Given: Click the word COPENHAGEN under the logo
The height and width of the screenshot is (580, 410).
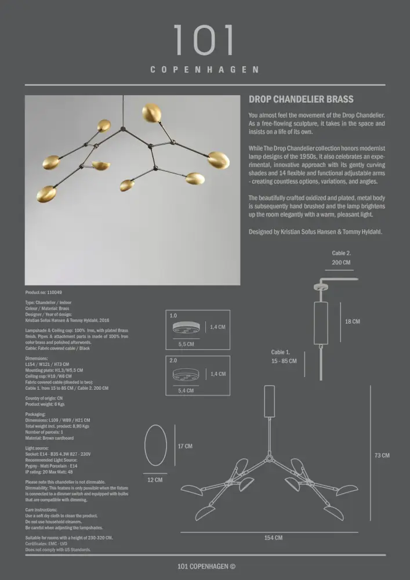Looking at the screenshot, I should click(205, 70).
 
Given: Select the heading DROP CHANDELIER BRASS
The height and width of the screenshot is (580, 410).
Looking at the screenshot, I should click(301, 99).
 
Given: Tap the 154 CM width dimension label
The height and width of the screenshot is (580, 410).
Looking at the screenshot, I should click(273, 538).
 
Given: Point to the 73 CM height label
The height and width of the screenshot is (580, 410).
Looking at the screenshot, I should click(382, 455).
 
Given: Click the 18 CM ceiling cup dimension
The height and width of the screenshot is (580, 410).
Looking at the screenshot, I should click(352, 321).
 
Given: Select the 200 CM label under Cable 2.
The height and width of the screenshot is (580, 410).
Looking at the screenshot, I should click(341, 262).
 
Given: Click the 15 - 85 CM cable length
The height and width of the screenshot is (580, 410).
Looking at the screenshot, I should click(284, 361).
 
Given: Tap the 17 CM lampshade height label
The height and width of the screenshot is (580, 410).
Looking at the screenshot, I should click(184, 446).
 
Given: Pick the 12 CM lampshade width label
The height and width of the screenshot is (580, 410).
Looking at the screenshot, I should click(155, 480).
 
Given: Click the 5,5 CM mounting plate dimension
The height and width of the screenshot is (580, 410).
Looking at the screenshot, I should click(186, 344).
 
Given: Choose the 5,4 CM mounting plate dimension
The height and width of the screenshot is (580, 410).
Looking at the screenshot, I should click(186, 391).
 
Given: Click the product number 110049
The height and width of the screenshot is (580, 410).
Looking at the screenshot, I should click(44, 293).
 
